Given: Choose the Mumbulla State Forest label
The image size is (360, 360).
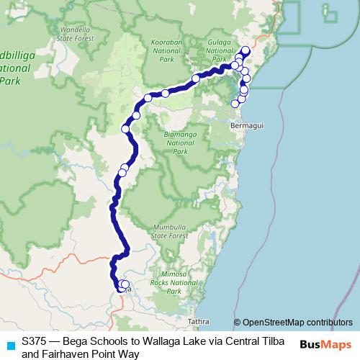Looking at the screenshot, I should (170, 231).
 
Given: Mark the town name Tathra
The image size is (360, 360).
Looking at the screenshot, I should (197, 321).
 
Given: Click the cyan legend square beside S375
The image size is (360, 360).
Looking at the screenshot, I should (9, 345).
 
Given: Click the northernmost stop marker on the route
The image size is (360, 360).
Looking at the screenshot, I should (246, 50).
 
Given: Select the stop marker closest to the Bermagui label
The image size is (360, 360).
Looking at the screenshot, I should (235, 104).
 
